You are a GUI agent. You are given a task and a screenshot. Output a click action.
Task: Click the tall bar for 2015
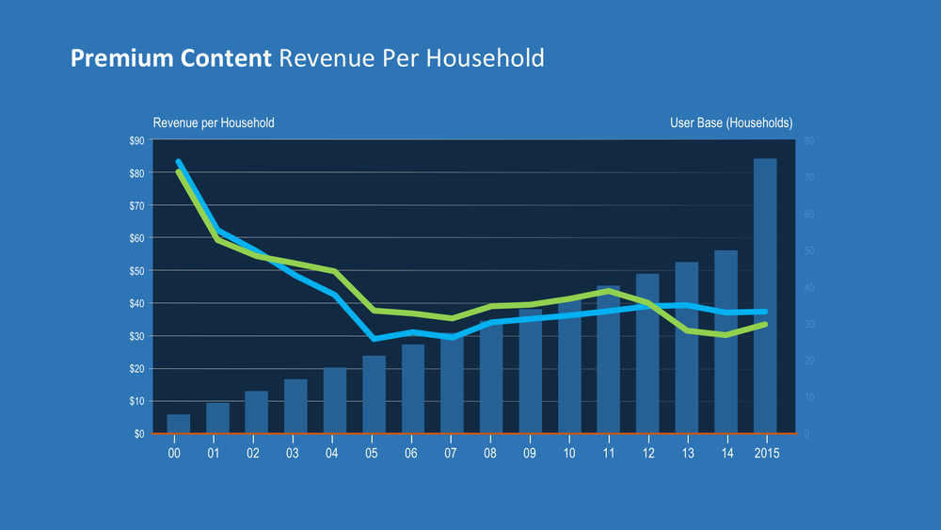click(x=765, y=235)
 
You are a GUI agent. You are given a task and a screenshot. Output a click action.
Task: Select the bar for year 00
click(x=178, y=425)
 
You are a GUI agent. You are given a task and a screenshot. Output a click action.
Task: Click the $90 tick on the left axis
click(x=136, y=140)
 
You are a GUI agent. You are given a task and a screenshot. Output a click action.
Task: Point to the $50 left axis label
click(x=136, y=271)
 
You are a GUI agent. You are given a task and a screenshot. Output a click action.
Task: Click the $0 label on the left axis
click(x=138, y=434)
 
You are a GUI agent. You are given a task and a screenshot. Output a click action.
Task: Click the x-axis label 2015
click(x=766, y=453)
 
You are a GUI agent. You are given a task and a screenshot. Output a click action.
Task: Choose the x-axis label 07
click(x=451, y=453)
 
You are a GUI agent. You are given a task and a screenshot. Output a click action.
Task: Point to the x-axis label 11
click(x=608, y=453)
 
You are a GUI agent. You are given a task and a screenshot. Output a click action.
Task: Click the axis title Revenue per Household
click(x=214, y=123)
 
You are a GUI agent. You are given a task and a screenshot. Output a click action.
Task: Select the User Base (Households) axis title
click(x=731, y=123)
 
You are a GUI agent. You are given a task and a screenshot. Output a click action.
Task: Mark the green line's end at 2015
click(x=765, y=324)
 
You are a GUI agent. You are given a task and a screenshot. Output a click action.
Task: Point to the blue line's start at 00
click(x=178, y=162)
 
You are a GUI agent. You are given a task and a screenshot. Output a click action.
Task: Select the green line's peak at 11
click(x=609, y=291)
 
